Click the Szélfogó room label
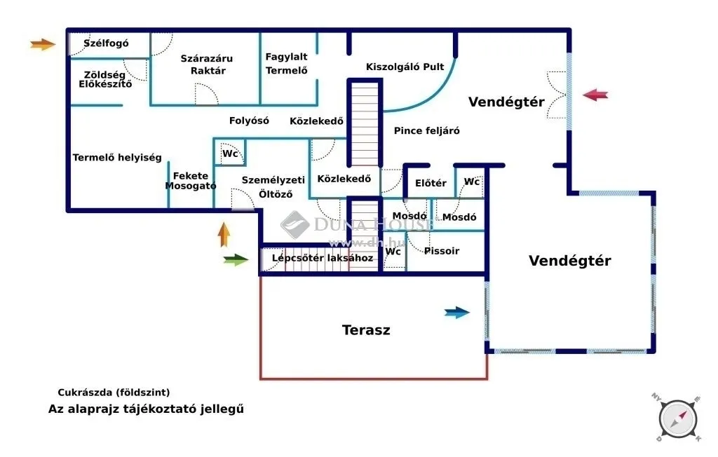click(106, 43)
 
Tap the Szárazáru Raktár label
click(206, 64)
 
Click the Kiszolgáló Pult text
click(405, 67)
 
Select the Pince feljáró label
click(426, 130)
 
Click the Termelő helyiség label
click(117, 158)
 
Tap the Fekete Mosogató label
click(191, 181)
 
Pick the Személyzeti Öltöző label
click(273, 187)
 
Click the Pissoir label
click(442, 250)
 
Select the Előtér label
click(431, 183)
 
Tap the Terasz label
click(365, 329)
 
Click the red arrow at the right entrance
click(595, 95)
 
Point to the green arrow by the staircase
click(236, 260)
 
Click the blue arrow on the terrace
click(457, 313)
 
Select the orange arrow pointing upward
click(224, 234)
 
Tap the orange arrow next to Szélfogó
click(43, 45)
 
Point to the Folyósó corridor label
click(249, 121)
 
